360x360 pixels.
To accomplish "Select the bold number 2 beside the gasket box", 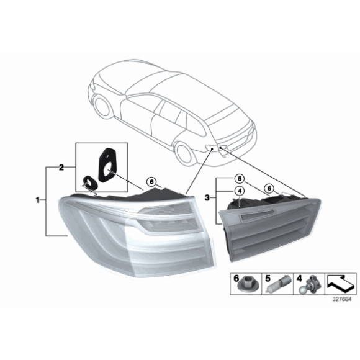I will tap(61, 168).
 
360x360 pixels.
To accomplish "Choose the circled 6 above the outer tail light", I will tap(151, 181).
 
